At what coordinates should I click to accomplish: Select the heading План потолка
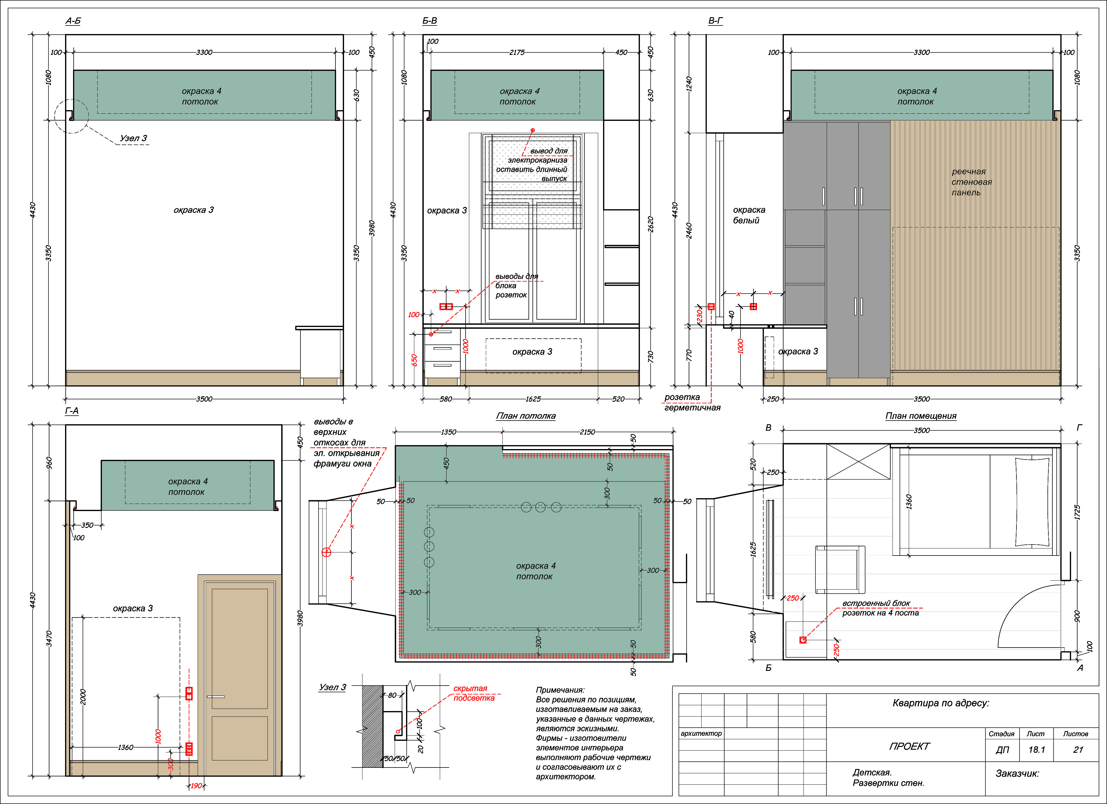526,416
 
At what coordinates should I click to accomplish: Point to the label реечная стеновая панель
971,182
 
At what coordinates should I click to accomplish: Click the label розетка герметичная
692,402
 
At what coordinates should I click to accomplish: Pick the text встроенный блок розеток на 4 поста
880,608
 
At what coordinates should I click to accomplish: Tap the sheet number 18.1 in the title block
1036,750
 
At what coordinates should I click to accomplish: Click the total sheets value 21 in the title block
1078,750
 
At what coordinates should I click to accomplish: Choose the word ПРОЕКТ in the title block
909,746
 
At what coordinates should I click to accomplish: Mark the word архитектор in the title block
701,733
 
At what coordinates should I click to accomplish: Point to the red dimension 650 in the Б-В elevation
414,360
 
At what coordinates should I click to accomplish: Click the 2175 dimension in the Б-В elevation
517,52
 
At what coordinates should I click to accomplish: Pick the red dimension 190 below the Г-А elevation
196,786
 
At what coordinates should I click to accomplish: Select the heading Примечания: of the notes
560,690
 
